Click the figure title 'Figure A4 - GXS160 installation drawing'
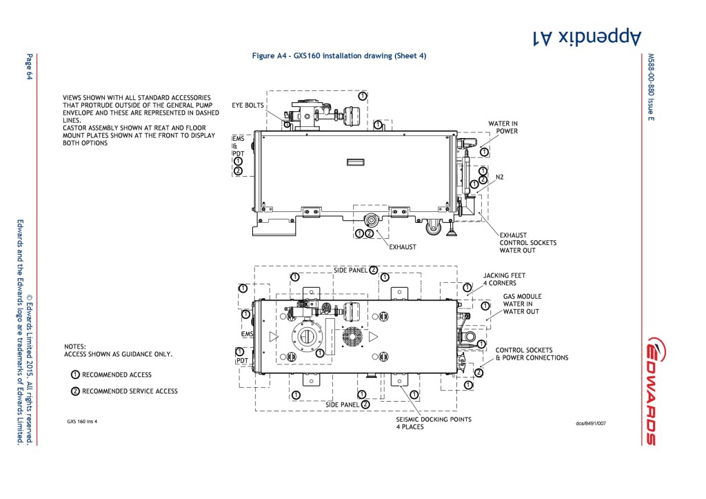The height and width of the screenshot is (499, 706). click(322, 56)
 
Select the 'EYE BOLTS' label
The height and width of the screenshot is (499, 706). click(248, 106)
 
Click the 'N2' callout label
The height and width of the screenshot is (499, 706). click(499, 177)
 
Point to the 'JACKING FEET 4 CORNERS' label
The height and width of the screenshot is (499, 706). click(504, 279)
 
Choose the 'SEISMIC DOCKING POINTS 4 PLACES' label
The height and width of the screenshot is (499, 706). click(434, 423)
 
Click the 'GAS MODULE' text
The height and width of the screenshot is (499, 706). click(523, 297)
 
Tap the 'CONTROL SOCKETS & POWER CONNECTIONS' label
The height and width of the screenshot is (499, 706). click(532, 354)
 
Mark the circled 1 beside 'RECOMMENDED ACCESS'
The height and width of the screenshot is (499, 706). click(75, 375)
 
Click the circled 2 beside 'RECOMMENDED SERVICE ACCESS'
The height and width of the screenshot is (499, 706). click(75, 391)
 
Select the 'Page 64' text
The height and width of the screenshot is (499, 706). click(29, 67)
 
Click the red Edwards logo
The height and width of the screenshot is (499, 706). click(657, 391)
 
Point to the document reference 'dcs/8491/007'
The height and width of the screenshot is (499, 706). click(591, 423)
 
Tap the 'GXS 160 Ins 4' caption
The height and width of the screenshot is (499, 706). click(82, 422)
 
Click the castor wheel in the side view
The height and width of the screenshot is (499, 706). click(434, 227)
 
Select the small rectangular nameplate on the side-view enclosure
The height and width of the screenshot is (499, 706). click(355, 162)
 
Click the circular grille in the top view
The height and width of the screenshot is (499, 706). click(352, 336)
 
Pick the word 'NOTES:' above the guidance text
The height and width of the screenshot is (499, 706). click(74, 346)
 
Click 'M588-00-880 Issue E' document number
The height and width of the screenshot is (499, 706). click(651, 88)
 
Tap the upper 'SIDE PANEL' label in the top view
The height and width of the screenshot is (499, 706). click(350, 271)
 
